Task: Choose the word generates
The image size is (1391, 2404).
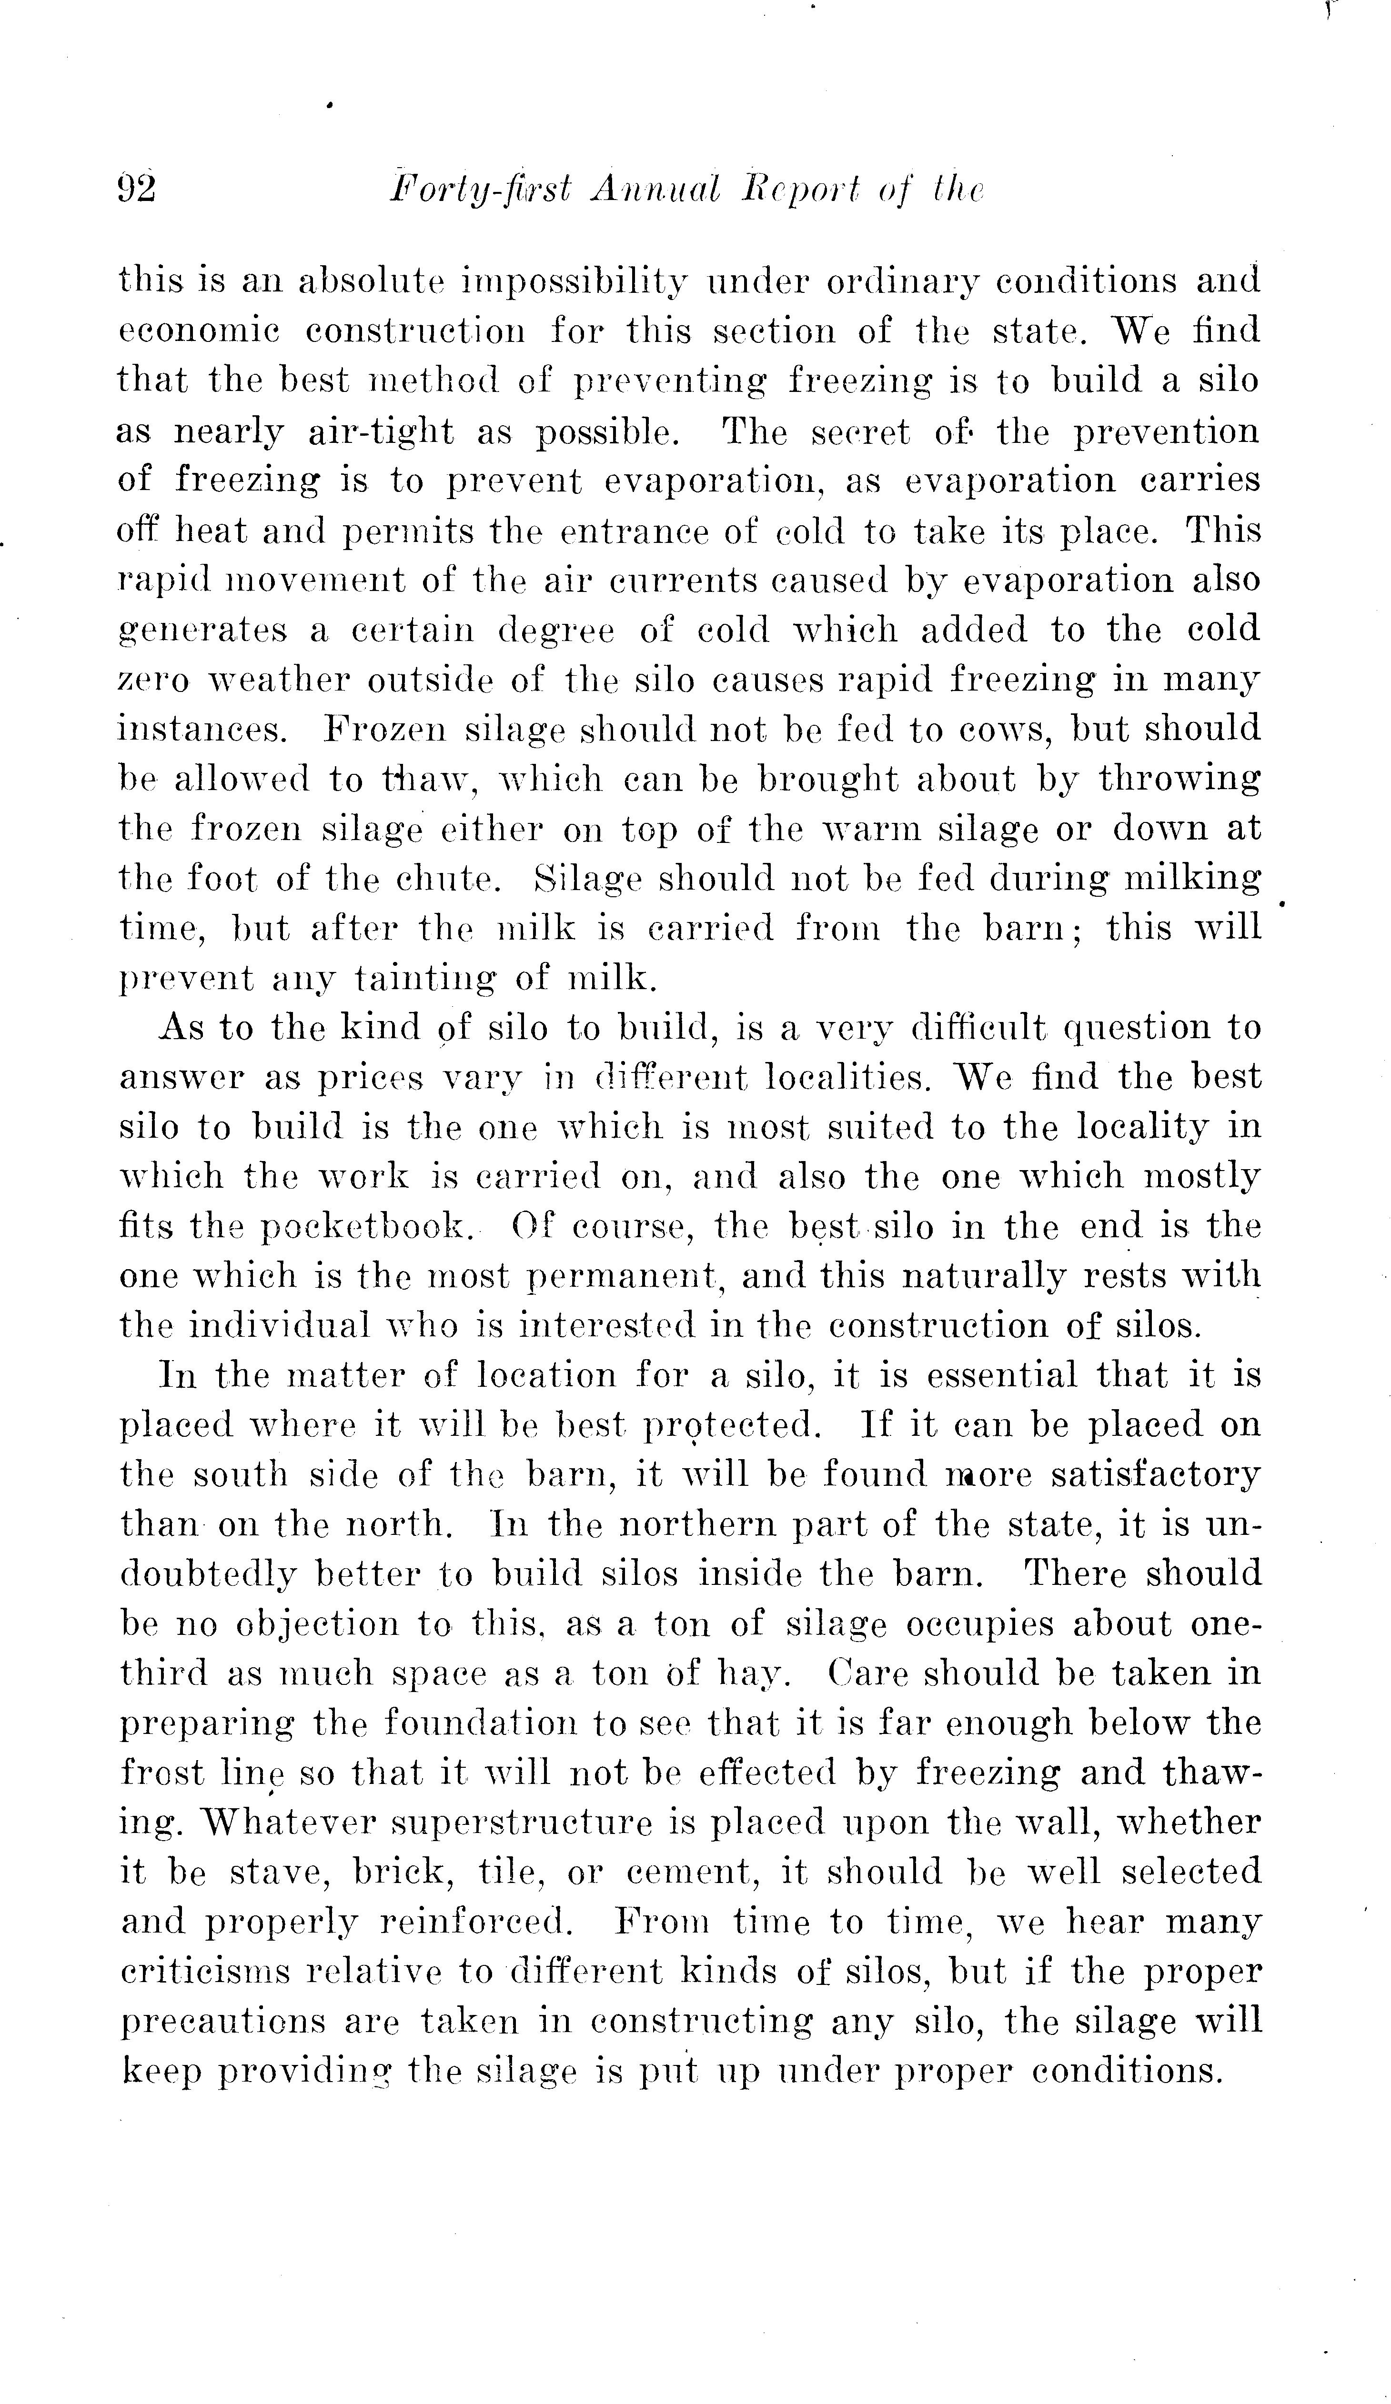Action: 202,631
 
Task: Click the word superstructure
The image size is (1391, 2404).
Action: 522,1823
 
